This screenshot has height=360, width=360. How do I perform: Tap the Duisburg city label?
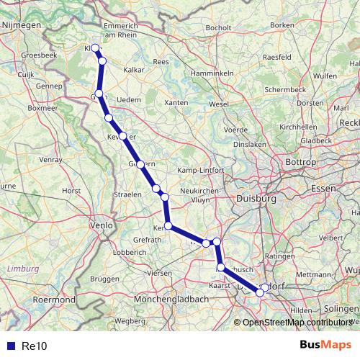pos(256,198)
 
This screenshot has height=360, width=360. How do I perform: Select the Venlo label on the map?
pos(99,225)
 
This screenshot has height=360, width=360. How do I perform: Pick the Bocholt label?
pos(217,28)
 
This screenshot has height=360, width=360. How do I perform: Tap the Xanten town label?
pos(176,103)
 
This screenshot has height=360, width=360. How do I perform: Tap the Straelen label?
pos(127,195)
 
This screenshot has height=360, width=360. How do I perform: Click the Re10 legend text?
pos(34,346)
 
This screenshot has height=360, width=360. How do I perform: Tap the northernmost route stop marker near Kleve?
pos(94,48)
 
